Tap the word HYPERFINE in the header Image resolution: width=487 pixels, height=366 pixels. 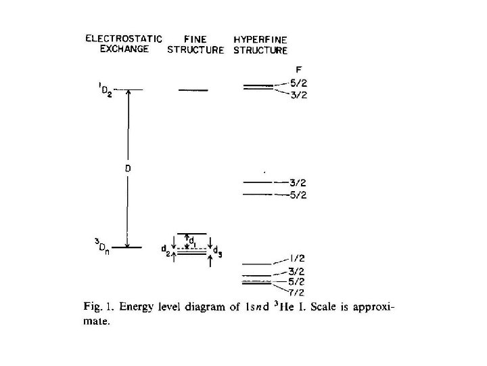click(260, 39)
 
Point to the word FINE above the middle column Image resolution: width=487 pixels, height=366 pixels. click(194, 39)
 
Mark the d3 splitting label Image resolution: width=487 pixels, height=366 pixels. click(216, 250)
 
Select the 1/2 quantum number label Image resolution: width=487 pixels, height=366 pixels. click(296, 258)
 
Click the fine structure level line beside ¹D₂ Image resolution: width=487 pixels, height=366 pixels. click(193, 90)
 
